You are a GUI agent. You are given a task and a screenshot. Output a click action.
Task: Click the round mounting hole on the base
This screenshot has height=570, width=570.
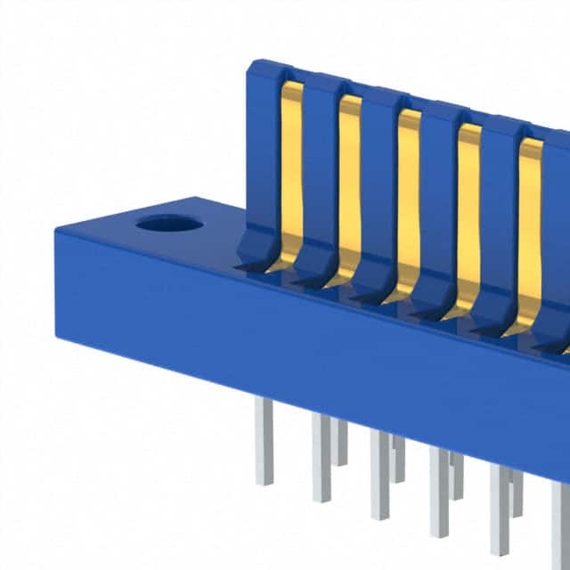pos(169,223)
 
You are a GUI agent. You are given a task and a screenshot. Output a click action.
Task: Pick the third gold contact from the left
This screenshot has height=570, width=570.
pos(408,191)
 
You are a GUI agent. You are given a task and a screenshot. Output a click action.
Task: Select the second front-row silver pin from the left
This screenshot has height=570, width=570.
pos(321,459)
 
